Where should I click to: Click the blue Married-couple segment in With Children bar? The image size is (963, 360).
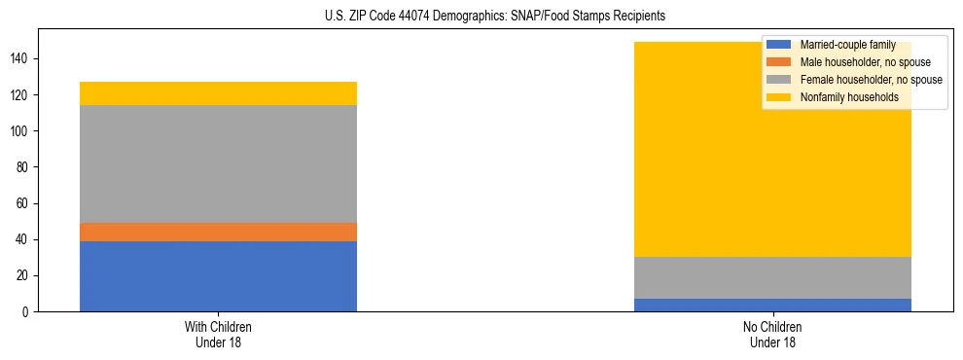click(218, 276)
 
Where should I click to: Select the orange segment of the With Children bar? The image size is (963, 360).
click(218, 232)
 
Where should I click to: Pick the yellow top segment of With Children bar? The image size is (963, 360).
click(218, 93)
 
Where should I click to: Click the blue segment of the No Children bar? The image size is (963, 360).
click(772, 305)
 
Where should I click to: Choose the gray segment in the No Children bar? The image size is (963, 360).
click(772, 277)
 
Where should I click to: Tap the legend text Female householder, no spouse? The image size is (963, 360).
click(871, 80)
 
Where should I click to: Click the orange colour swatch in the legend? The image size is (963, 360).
click(779, 62)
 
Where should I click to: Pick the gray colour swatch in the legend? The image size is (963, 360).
click(779, 80)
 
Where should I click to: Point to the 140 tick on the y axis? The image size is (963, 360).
click(22, 59)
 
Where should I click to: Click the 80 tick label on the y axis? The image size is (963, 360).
click(25, 167)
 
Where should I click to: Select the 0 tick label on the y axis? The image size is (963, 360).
click(28, 312)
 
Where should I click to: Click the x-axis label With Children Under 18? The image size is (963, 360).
click(218, 334)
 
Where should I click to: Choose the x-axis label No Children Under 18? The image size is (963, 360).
click(772, 334)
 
